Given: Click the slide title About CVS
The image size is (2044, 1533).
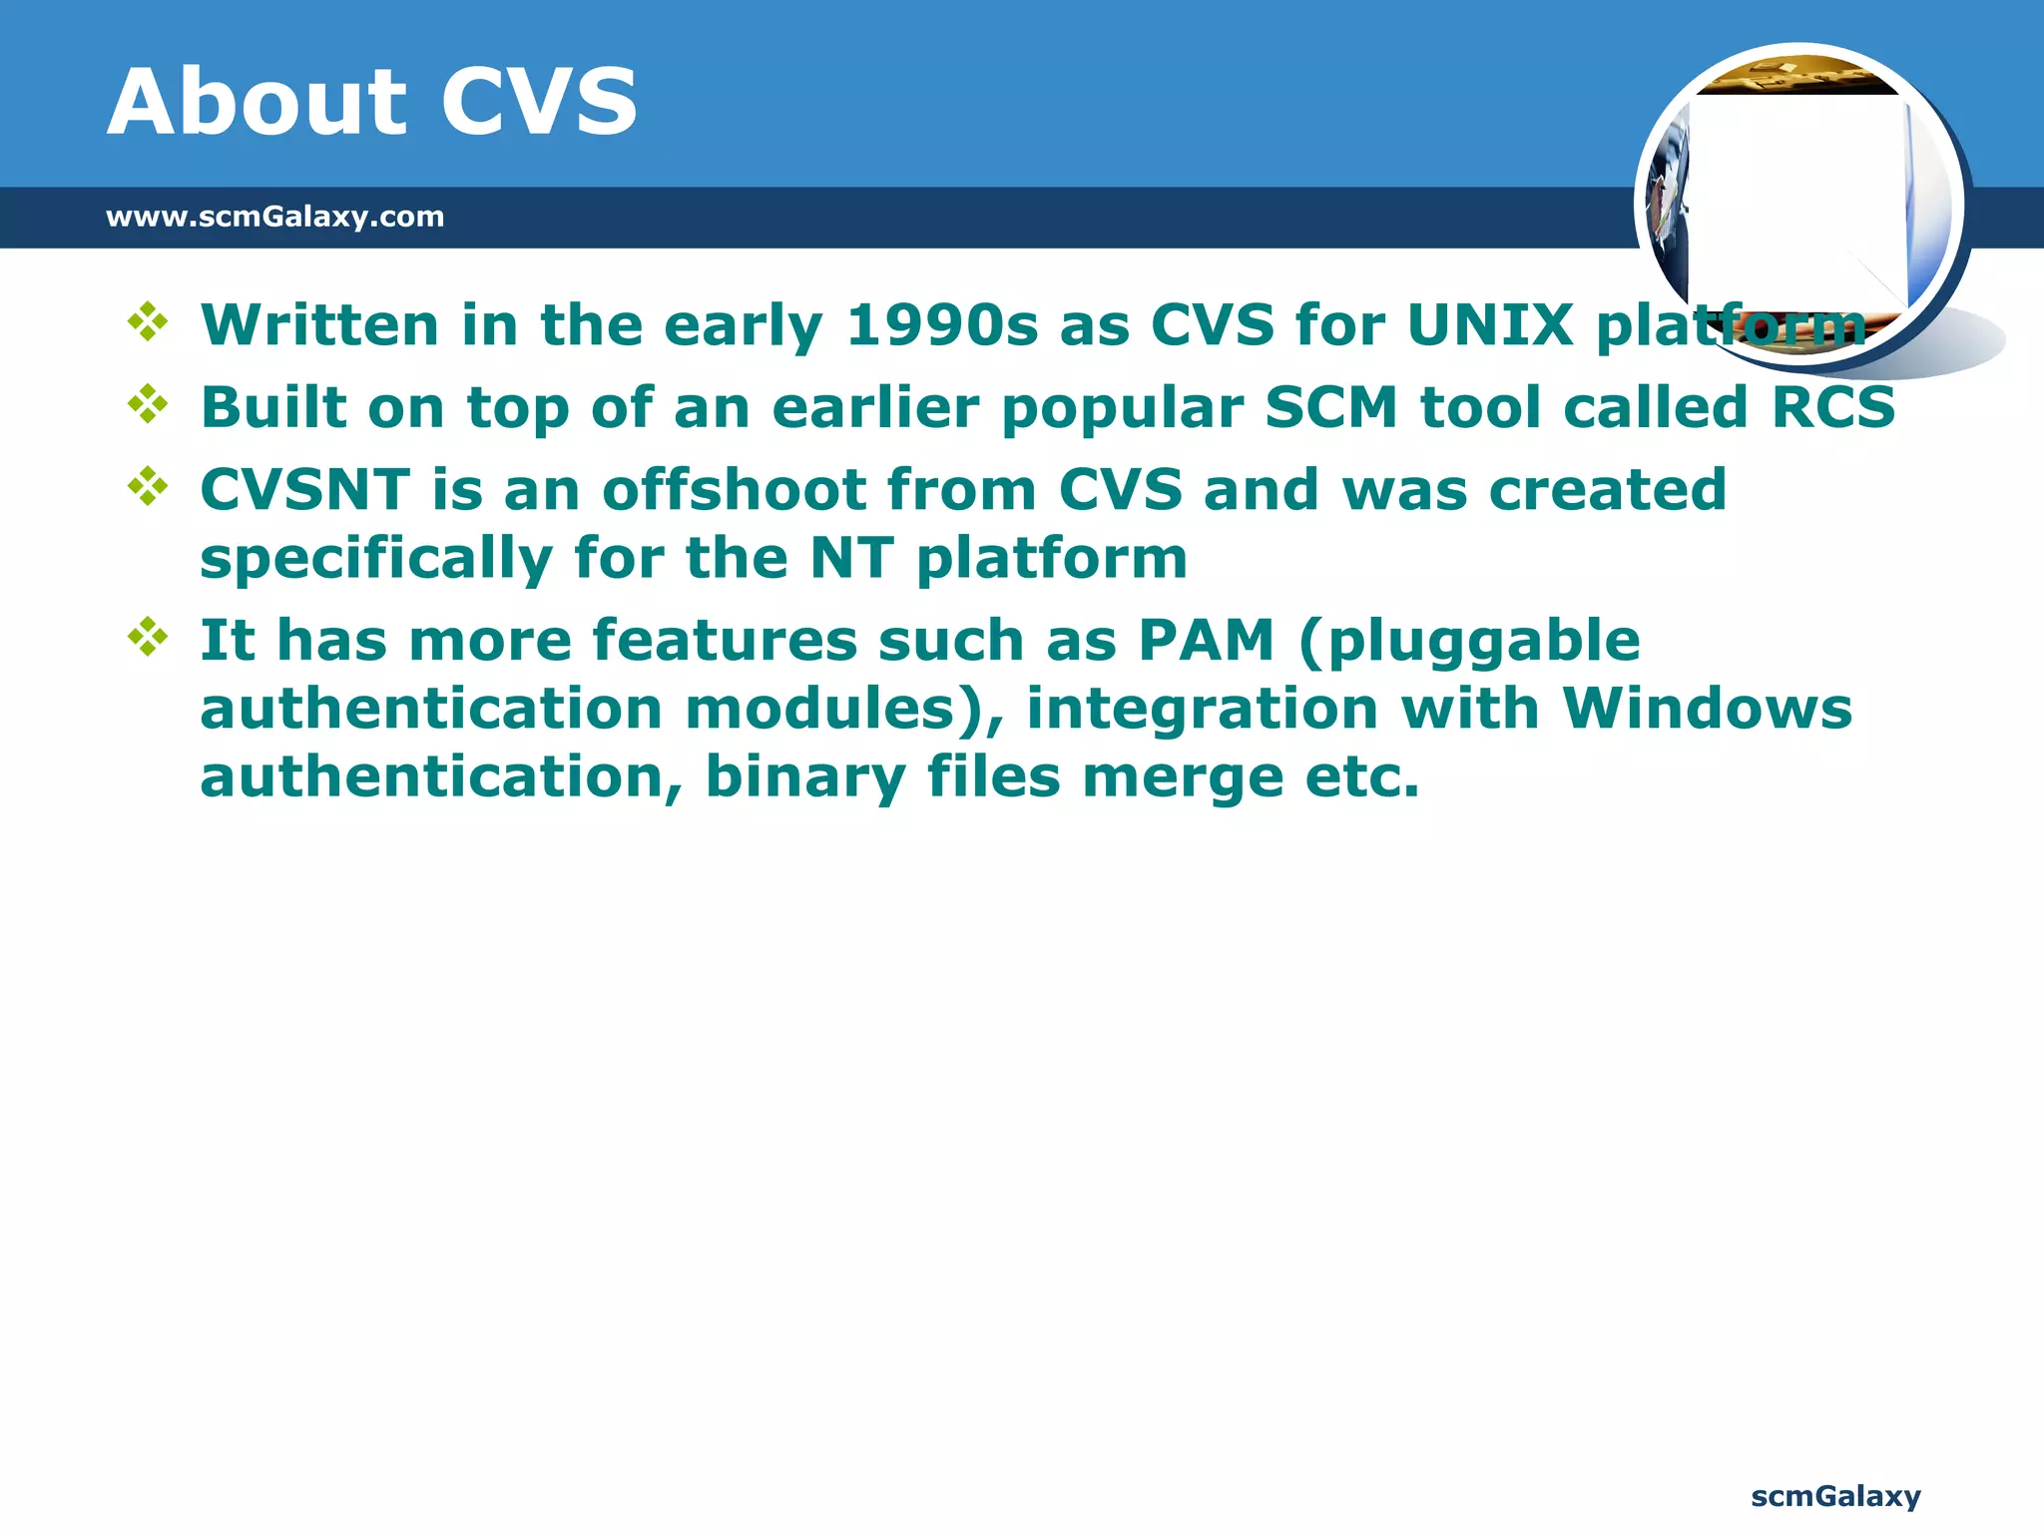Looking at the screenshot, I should click(371, 102).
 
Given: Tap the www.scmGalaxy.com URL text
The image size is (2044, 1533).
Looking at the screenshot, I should click(274, 217).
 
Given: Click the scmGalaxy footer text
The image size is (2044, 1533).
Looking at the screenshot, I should click(1835, 1496).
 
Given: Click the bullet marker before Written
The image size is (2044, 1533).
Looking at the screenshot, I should click(148, 322).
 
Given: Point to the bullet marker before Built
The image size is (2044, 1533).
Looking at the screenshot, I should click(148, 404).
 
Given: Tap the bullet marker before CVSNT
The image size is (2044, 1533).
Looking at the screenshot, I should click(148, 487).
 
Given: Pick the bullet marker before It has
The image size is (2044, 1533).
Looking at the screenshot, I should click(148, 637).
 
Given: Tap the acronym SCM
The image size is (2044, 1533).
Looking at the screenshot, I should click(1331, 407).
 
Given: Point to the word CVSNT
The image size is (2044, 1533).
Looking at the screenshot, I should click(304, 490).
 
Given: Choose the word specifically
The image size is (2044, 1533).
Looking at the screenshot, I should click(376, 559).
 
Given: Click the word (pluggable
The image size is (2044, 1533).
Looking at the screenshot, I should click(1469, 643).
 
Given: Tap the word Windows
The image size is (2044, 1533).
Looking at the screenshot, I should click(1707, 709).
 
